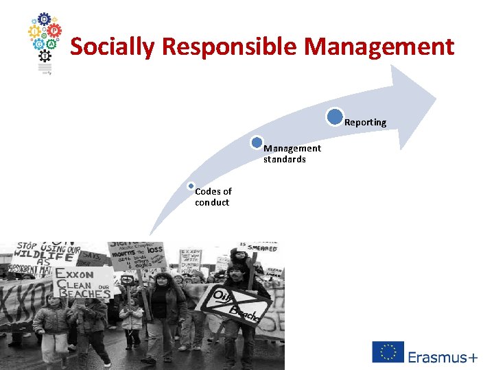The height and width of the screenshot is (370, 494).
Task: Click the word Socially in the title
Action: coord(114,47)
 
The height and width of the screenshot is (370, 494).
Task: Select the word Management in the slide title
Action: coord(379,47)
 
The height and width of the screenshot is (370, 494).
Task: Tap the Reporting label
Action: coord(365,123)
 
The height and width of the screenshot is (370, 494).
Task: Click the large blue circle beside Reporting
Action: coord(335,117)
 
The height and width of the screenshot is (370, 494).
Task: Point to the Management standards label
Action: coord(292,153)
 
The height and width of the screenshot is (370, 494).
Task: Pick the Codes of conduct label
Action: coord(213,197)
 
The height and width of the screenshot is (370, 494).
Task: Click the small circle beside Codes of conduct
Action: coord(191,186)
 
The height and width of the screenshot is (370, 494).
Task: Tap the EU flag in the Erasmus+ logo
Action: coord(388,352)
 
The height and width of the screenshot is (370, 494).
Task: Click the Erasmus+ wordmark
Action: coord(443,356)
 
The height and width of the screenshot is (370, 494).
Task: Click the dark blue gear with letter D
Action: coord(44,18)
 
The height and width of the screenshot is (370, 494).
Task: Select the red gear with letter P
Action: coord(55,32)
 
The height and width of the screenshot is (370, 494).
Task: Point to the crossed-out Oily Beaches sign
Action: coord(237,302)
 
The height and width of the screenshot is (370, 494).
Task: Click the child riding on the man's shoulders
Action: coord(241,260)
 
